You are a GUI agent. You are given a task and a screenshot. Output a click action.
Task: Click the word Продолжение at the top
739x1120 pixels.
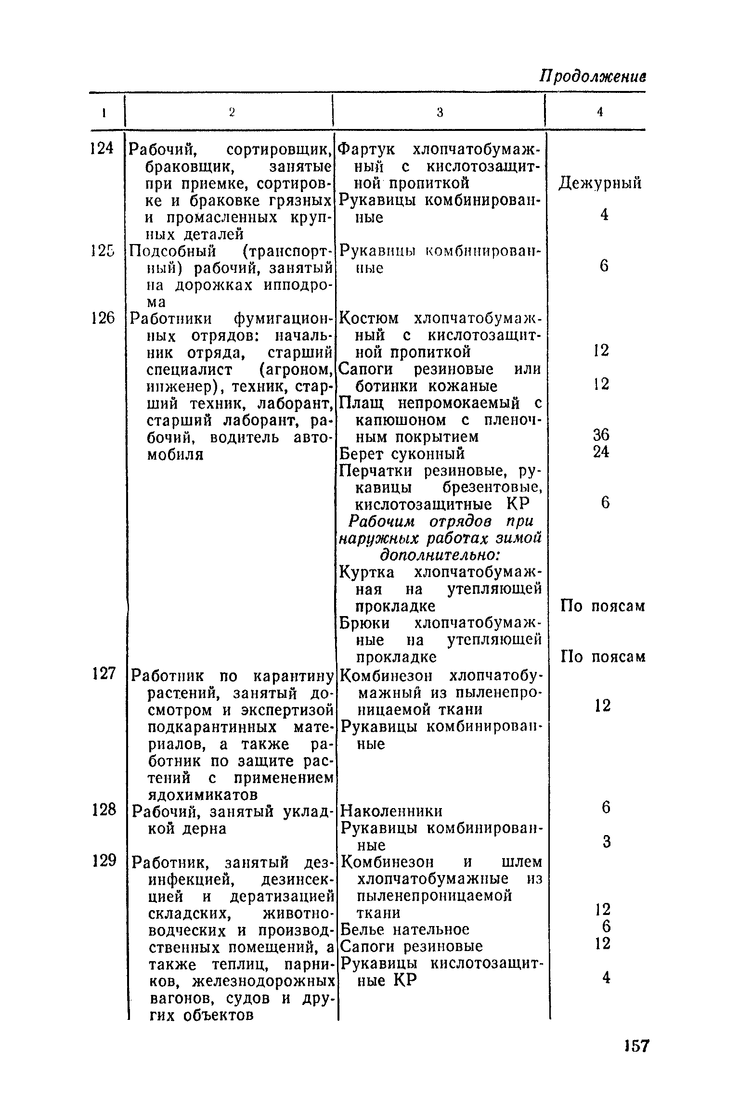[592, 77]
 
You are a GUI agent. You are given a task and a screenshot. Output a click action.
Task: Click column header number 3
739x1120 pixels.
[440, 112]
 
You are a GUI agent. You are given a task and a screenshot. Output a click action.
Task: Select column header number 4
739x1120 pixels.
[600, 112]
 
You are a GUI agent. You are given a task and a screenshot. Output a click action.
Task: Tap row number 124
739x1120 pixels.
[102, 149]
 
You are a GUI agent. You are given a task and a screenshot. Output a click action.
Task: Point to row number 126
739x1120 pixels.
[102, 318]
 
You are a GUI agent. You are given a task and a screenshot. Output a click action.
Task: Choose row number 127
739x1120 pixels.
[103, 673]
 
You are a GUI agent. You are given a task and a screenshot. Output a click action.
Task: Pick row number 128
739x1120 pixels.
[104, 810]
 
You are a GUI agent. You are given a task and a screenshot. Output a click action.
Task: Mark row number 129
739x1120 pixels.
[104, 861]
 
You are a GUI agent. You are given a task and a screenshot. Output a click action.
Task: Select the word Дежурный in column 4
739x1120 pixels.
[600, 183]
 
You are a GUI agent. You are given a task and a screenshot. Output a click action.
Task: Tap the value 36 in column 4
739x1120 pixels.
[601, 435]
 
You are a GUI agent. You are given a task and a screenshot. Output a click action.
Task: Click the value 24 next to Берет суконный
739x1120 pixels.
[601, 452]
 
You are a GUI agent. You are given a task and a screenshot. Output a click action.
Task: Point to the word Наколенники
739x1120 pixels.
[391, 811]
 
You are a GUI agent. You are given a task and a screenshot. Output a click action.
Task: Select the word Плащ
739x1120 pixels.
[358, 403]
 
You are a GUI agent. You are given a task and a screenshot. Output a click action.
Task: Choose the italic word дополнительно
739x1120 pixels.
[440, 555]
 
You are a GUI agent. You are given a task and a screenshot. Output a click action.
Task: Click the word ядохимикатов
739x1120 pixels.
[194, 794]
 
